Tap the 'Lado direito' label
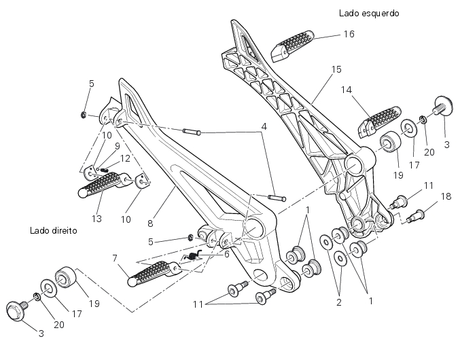click(x=53, y=230)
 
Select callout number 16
click(x=349, y=34)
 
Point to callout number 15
click(x=336, y=69)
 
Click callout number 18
click(x=446, y=196)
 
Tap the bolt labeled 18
click(x=416, y=215)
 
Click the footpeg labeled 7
click(x=151, y=274)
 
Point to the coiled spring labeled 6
click(x=194, y=256)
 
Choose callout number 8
click(x=150, y=222)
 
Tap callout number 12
click(x=125, y=158)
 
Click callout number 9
click(x=117, y=145)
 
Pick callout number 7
click(x=114, y=258)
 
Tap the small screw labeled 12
click(x=105, y=170)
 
